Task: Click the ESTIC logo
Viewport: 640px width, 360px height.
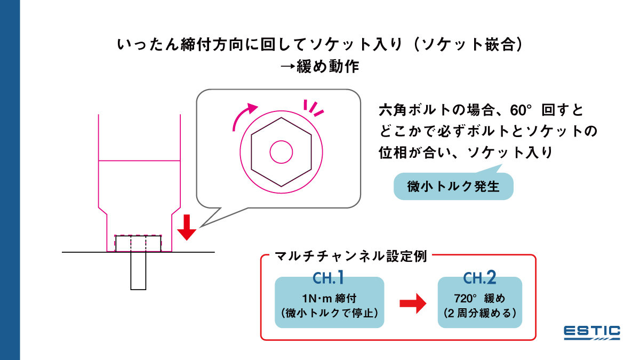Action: [x=592, y=332]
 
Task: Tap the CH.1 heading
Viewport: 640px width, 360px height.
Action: [x=329, y=278]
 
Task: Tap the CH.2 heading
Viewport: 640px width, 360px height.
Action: [x=479, y=278]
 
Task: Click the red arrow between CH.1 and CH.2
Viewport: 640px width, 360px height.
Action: [x=413, y=304]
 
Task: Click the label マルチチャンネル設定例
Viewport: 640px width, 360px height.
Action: [x=350, y=255]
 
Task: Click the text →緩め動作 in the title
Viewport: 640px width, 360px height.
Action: [x=320, y=67]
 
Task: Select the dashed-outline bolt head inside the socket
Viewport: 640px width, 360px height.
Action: [x=138, y=243]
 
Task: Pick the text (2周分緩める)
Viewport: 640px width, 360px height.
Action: [x=479, y=313]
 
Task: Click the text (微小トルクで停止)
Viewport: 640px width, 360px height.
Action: [x=329, y=313]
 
